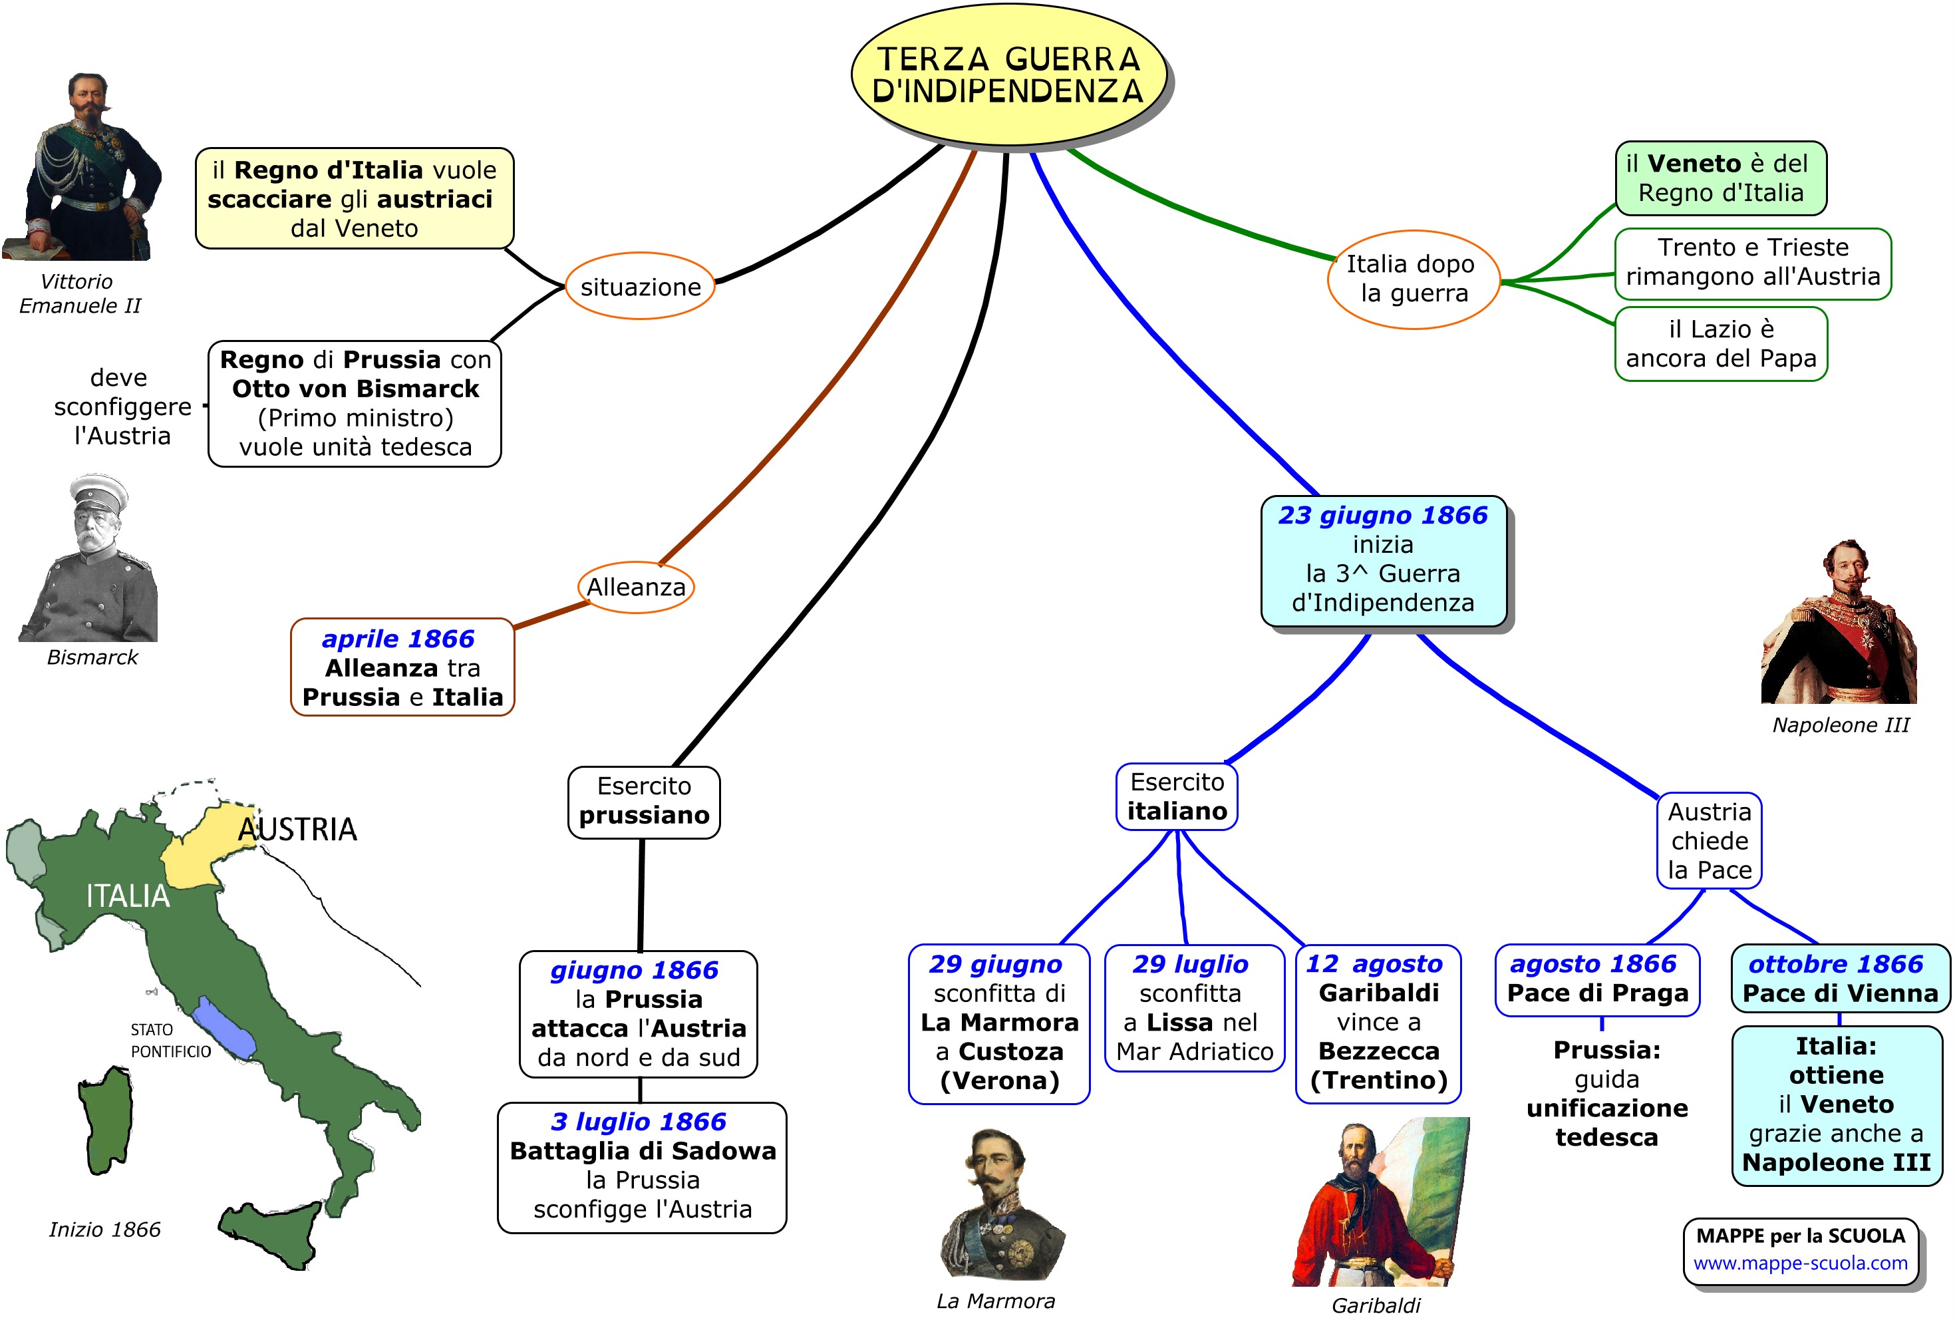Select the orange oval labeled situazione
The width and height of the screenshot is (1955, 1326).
click(639, 286)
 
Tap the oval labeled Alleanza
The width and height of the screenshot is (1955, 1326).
click(636, 586)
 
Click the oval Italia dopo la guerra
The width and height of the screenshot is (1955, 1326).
click(1412, 279)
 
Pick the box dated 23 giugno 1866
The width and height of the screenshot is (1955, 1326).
click(1382, 560)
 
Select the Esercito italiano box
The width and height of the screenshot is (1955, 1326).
click(1176, 796)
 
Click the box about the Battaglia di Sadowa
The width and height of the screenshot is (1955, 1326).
click(642, 1166)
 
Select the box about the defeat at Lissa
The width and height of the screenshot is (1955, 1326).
click(1194, 1007)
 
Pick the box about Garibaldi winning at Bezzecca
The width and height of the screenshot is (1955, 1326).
click(1378, 1022)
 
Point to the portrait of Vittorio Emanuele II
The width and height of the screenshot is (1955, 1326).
click(84, 168)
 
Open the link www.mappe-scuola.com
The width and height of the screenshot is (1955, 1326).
click(1799, 1263)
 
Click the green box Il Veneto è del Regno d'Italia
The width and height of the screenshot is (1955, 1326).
click(1720, 178)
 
